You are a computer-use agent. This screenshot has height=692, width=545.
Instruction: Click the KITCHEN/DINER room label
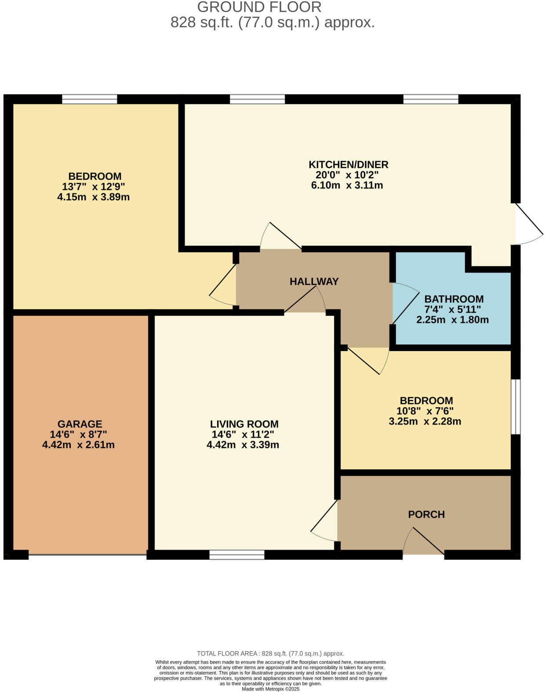pyautogui.click(x=348, y=165)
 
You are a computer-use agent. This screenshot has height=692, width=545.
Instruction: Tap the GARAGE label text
pyautogui.click(x=80, y=424)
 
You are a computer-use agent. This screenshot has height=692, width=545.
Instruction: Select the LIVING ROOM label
pyautogui.click(x=244, y=424)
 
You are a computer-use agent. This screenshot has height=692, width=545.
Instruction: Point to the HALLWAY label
pyautogui.click(x=314, y=282)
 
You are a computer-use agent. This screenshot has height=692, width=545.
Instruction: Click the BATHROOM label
pyautogui.click(x=454, y=299)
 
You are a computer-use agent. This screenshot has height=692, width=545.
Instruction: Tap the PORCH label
pyautogui.click(x=426, y=514)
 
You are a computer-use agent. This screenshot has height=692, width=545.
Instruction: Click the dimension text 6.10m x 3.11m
pyautogui.click(x=347, y=185)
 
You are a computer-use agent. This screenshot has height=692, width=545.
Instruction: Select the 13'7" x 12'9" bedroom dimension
pyautogui.click(x=94, y=187)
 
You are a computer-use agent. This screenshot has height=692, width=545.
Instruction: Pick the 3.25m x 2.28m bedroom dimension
pyautogui.click(x=425, y=422)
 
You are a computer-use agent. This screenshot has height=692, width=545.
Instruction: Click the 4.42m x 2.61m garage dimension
pyautogui.click(x=78, y=445)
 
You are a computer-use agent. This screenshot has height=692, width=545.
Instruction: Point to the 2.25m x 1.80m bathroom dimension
pyautogui.click(x=452, y=320)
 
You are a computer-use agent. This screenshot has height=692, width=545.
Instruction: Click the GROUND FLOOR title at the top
pyautogui.click(x=259, y=7)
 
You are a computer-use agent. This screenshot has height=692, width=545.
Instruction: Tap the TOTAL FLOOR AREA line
pyautogui.click(x=270, y=653)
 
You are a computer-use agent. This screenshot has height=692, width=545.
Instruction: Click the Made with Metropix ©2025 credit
pyautogui.click(x=270, y=689)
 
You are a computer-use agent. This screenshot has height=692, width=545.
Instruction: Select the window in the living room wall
pyautogui.click(x=237, y=554)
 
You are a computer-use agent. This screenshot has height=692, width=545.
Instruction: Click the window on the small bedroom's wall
pyautogui.click(x=516, y=407)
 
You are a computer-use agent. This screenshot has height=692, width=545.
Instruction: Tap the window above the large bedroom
pyautogui.click(x=90, y=99)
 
